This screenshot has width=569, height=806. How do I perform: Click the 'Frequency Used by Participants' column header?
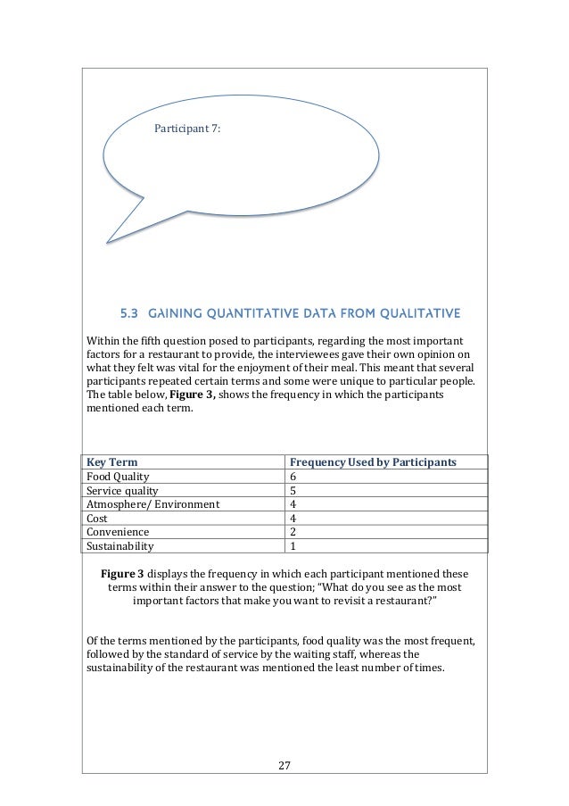(374, 462)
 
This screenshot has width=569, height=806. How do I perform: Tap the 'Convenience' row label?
(117, 532)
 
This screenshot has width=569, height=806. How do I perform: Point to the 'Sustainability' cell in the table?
(120, 546)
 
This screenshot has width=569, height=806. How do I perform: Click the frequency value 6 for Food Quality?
(295, 478)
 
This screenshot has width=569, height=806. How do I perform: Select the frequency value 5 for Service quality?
(295, 491)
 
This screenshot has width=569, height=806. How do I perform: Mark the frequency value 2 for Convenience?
(295, 532)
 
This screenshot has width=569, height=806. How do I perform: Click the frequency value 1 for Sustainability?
(295, 546)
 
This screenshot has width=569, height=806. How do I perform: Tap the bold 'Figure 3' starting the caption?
(131, 572)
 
